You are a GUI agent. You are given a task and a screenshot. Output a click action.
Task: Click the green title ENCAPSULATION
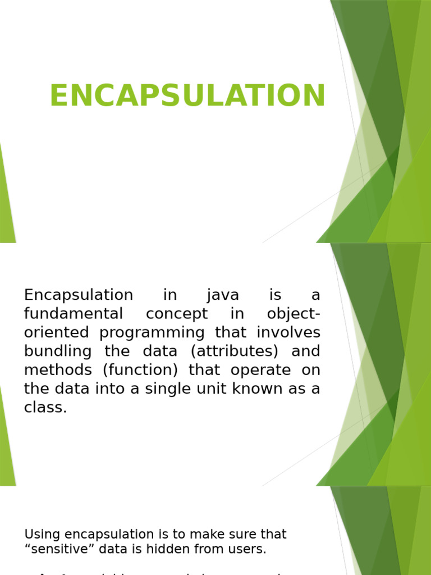(x=187, y=96)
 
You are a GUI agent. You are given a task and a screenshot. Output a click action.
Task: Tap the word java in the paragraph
(x=223, y=295)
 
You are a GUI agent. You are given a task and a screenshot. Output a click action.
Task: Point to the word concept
(x=176, y=314)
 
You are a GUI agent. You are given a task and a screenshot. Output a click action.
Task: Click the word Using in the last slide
(x=42, y=535)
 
